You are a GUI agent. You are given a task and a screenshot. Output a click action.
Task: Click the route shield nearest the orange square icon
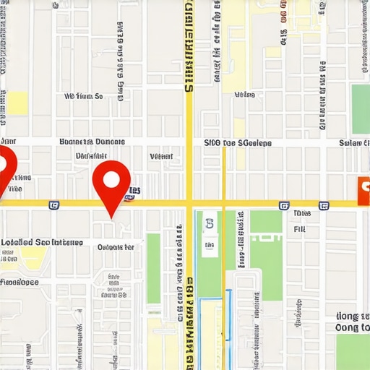[x=324, y=205]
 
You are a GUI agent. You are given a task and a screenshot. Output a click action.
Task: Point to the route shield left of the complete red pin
[x=53, y=205]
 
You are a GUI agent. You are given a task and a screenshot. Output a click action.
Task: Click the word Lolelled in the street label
[x=16, y=243]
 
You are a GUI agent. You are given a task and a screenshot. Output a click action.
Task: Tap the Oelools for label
[x=116, y=247]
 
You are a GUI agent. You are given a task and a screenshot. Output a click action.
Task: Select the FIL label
[x=300, y=230]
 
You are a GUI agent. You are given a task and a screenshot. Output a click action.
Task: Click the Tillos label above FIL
[x=302, y=214]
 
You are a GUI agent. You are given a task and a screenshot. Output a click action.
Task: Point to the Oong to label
[x=352, y=328]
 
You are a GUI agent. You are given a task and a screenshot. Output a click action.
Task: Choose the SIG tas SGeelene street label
[x=238, y=143]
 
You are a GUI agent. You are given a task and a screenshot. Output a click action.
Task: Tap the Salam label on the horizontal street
[x=354, y=143]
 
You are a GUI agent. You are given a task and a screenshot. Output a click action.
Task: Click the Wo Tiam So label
[x=84, y=95]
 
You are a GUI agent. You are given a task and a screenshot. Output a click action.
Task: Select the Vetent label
[x=160, y=156]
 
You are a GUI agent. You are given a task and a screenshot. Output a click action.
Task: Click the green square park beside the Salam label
[x=361, y=108]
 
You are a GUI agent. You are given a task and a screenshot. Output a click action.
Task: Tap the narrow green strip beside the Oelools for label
[x=154, y=267]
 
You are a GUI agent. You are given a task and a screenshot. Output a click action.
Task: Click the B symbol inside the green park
[x=210, y=224]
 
